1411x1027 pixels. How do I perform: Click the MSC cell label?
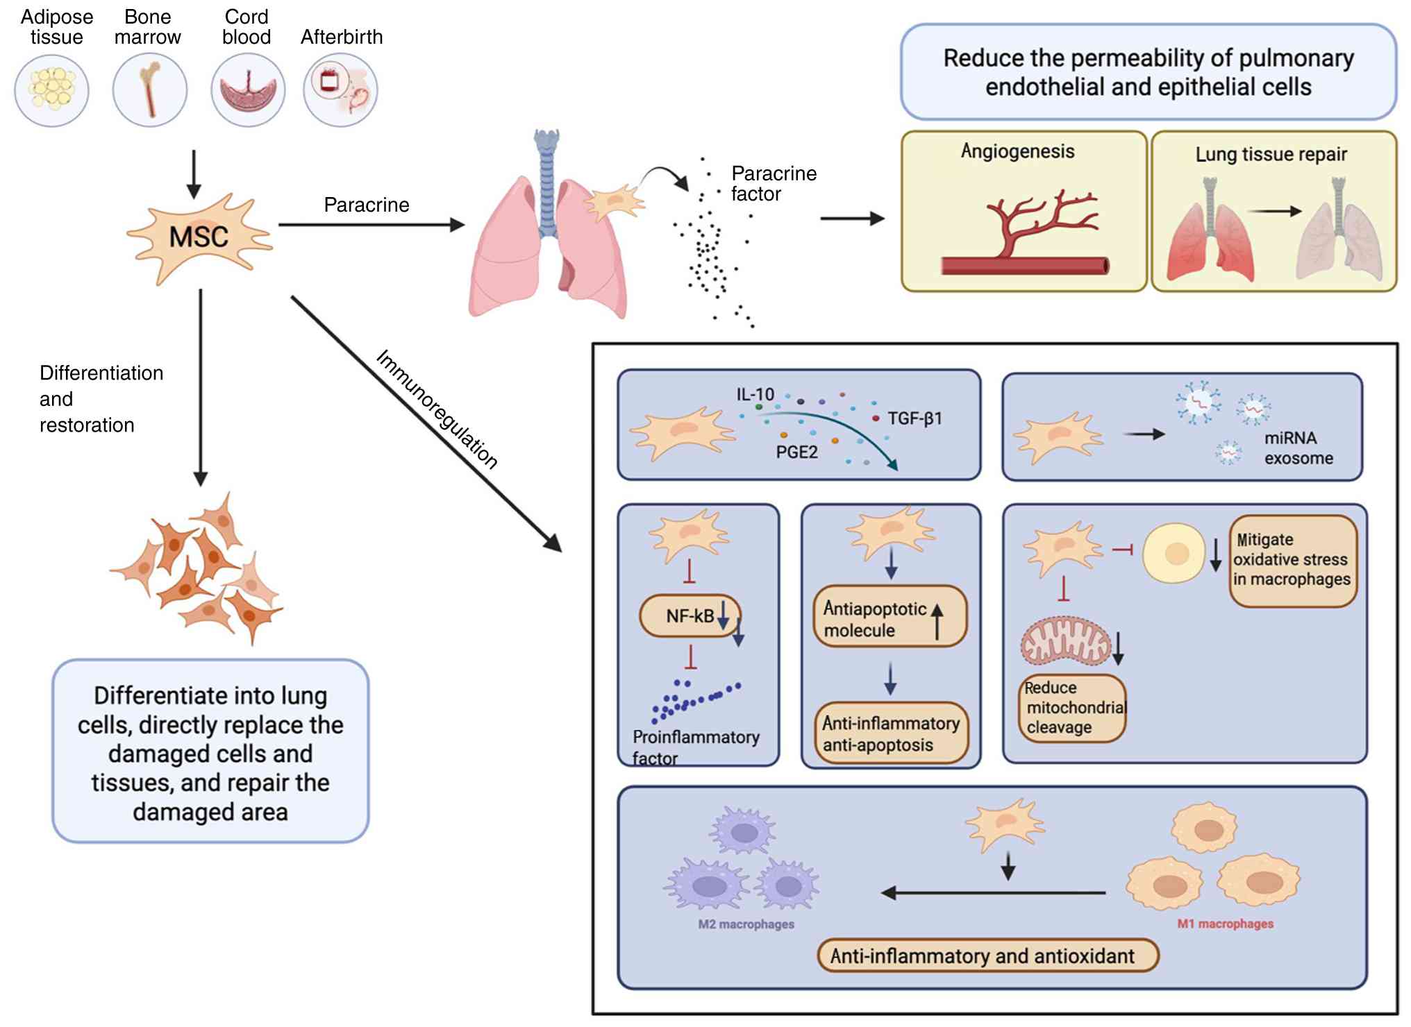pyautogui.click(x=199, y=237)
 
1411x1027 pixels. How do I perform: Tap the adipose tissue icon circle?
pyautogui.click(x=52, y=90)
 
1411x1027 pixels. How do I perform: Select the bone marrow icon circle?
pyautogui.click(x=150, y=90)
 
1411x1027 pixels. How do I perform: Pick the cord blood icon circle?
pyautogui.click(x=248, y=90)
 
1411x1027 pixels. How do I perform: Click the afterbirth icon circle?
pyautogui.click(x=340, y=90)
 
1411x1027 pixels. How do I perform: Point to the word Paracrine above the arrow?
pyautogui.click(x=367, y=205)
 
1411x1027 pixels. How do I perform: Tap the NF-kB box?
pyautogui.click(x=690, y=616)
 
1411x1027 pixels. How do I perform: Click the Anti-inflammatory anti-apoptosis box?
pyautogui.click(x=891, y=733)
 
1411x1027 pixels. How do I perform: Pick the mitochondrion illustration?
pyautogui.click(x=1065, y=640)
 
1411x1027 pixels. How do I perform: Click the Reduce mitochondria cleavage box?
pyautogui.click(x=1074, y=708)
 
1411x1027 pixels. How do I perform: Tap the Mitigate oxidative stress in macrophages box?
pyautogui.click(x=1292, y=560)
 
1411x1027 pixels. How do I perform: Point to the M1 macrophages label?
pyautogui.click(x=1225, y=924)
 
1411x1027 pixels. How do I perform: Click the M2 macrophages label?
pyautogui.click(x=746, y=924)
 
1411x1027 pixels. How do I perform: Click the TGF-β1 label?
pyautogui.click(x=915, y=418)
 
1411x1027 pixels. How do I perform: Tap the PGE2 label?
pyautogui.click(x=796, y=452)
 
